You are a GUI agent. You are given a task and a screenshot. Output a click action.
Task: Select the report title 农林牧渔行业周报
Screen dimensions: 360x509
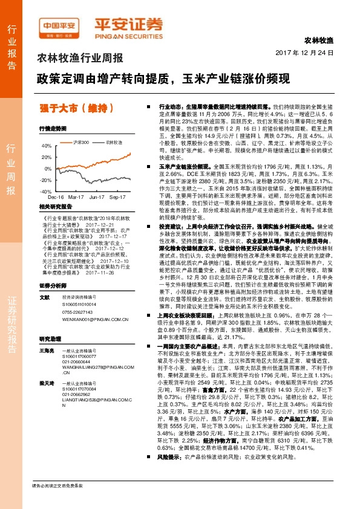click(x=80, y=59)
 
